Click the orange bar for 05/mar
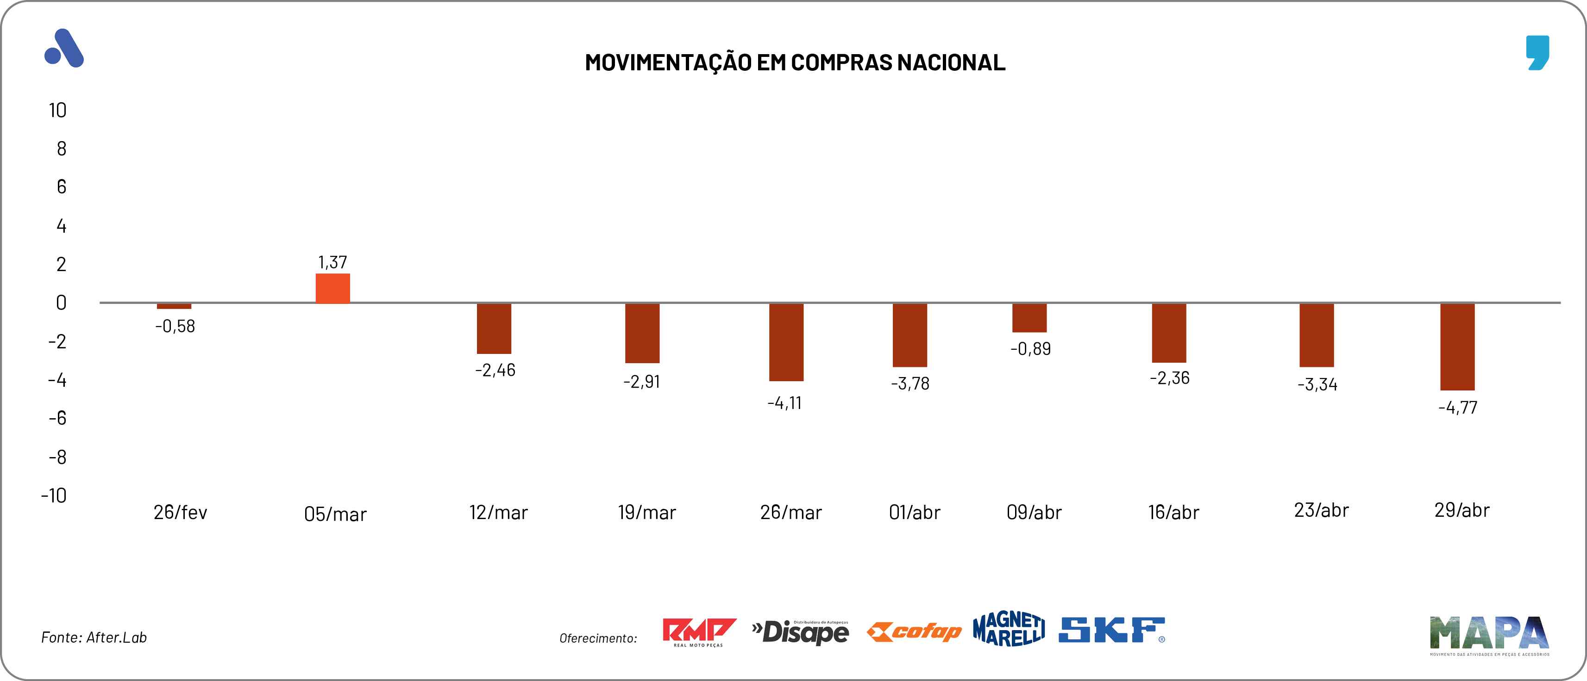(332, 288)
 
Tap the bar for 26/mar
(786, 342)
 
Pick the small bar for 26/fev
(174, 306)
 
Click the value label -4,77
(1458, 407)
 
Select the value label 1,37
(332, 262)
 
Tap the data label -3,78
(910, 384)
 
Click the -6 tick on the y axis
(57, 419)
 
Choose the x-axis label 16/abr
(1173, 512)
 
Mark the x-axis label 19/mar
(647, 512)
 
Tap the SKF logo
(1111, 631)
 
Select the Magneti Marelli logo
(1009, 629)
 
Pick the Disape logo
(800, 632)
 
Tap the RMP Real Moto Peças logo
(699, 632)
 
